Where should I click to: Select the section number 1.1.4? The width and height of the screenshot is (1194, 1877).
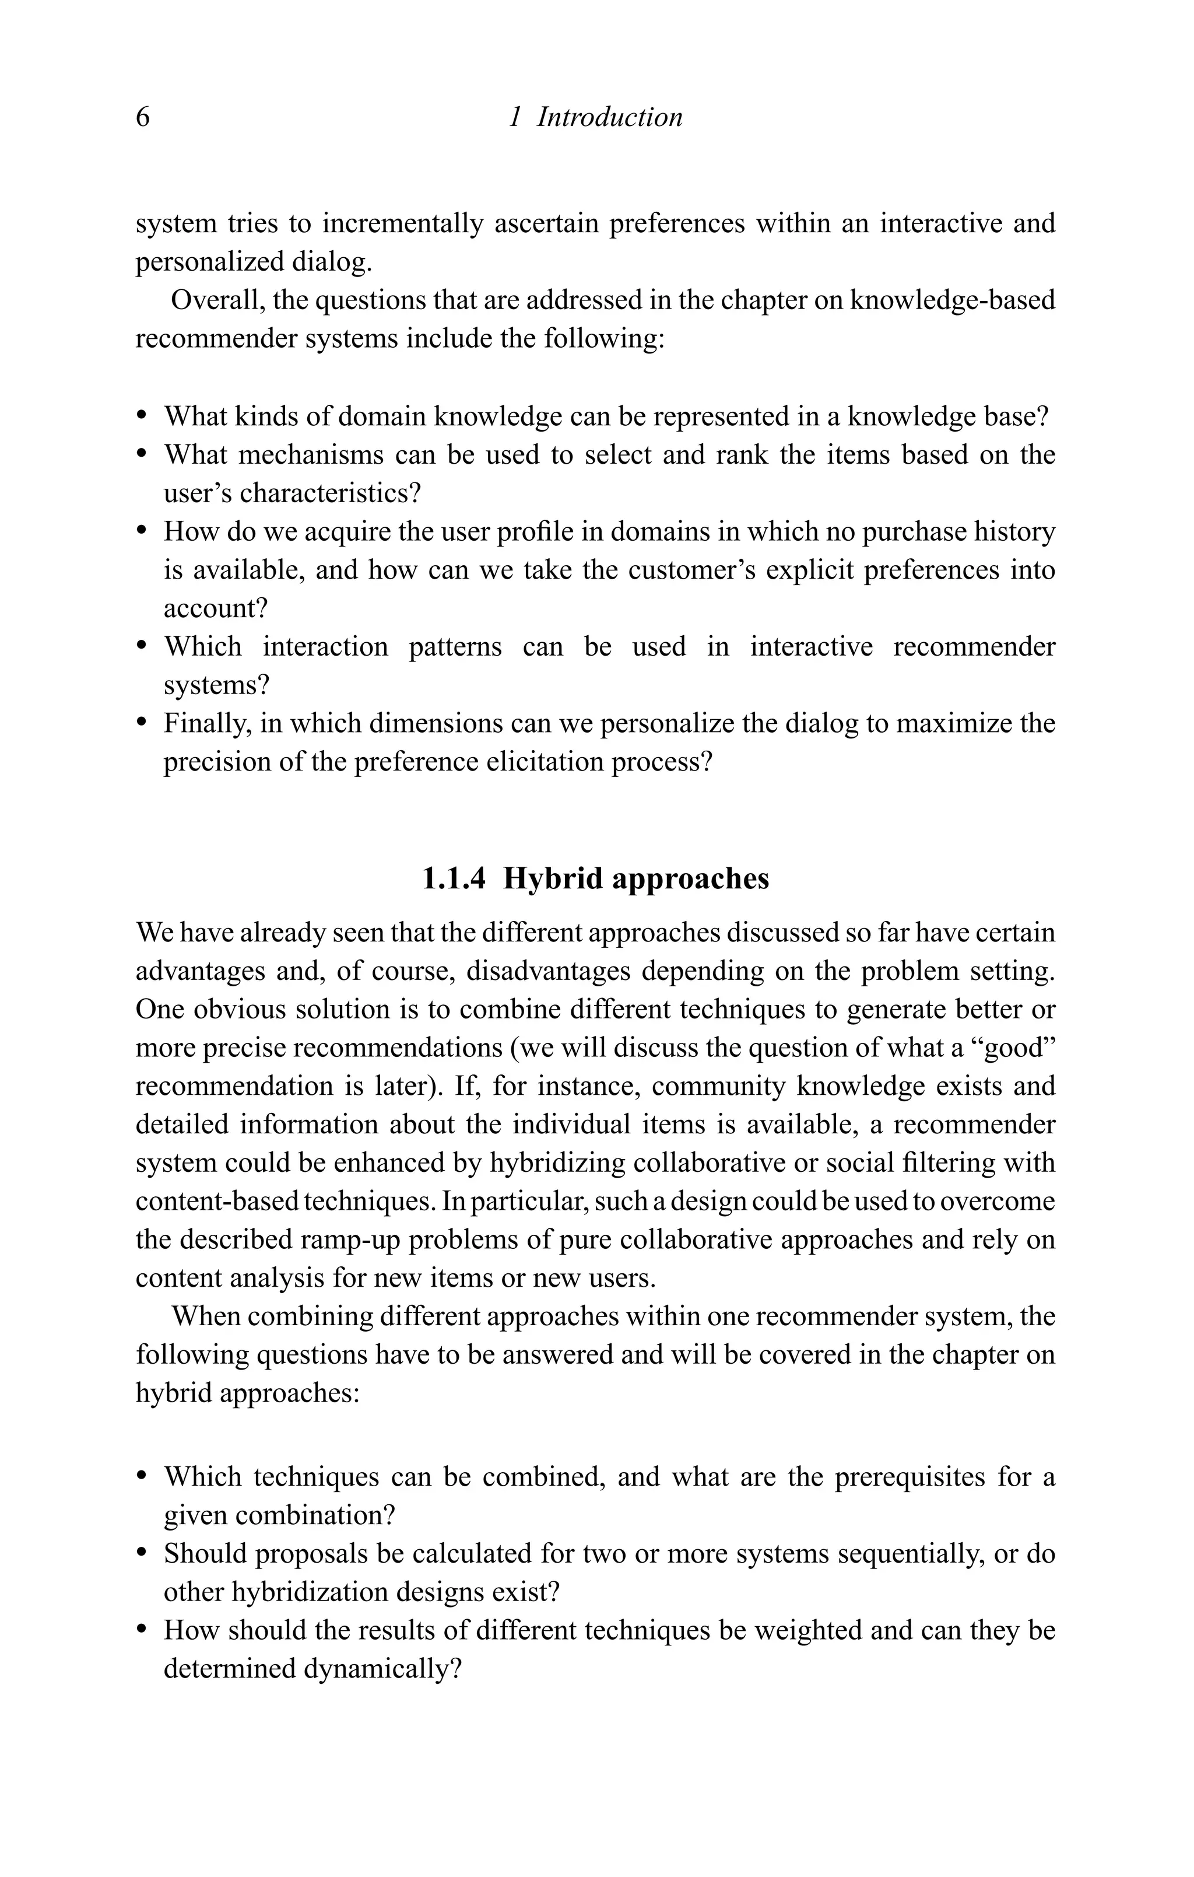454,878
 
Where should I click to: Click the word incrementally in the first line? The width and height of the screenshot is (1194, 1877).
403,224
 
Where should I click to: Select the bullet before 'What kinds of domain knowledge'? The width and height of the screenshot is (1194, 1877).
142,416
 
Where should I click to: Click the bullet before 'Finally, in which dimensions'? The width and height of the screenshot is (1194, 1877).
142,723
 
